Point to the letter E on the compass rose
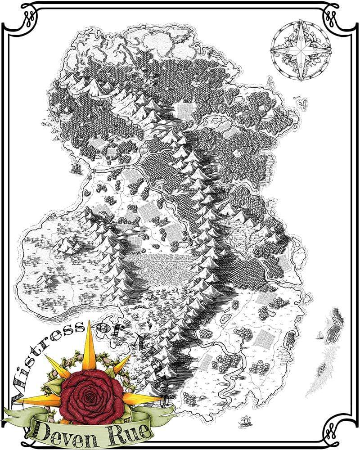[314, 51]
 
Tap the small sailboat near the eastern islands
[320, 335]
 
